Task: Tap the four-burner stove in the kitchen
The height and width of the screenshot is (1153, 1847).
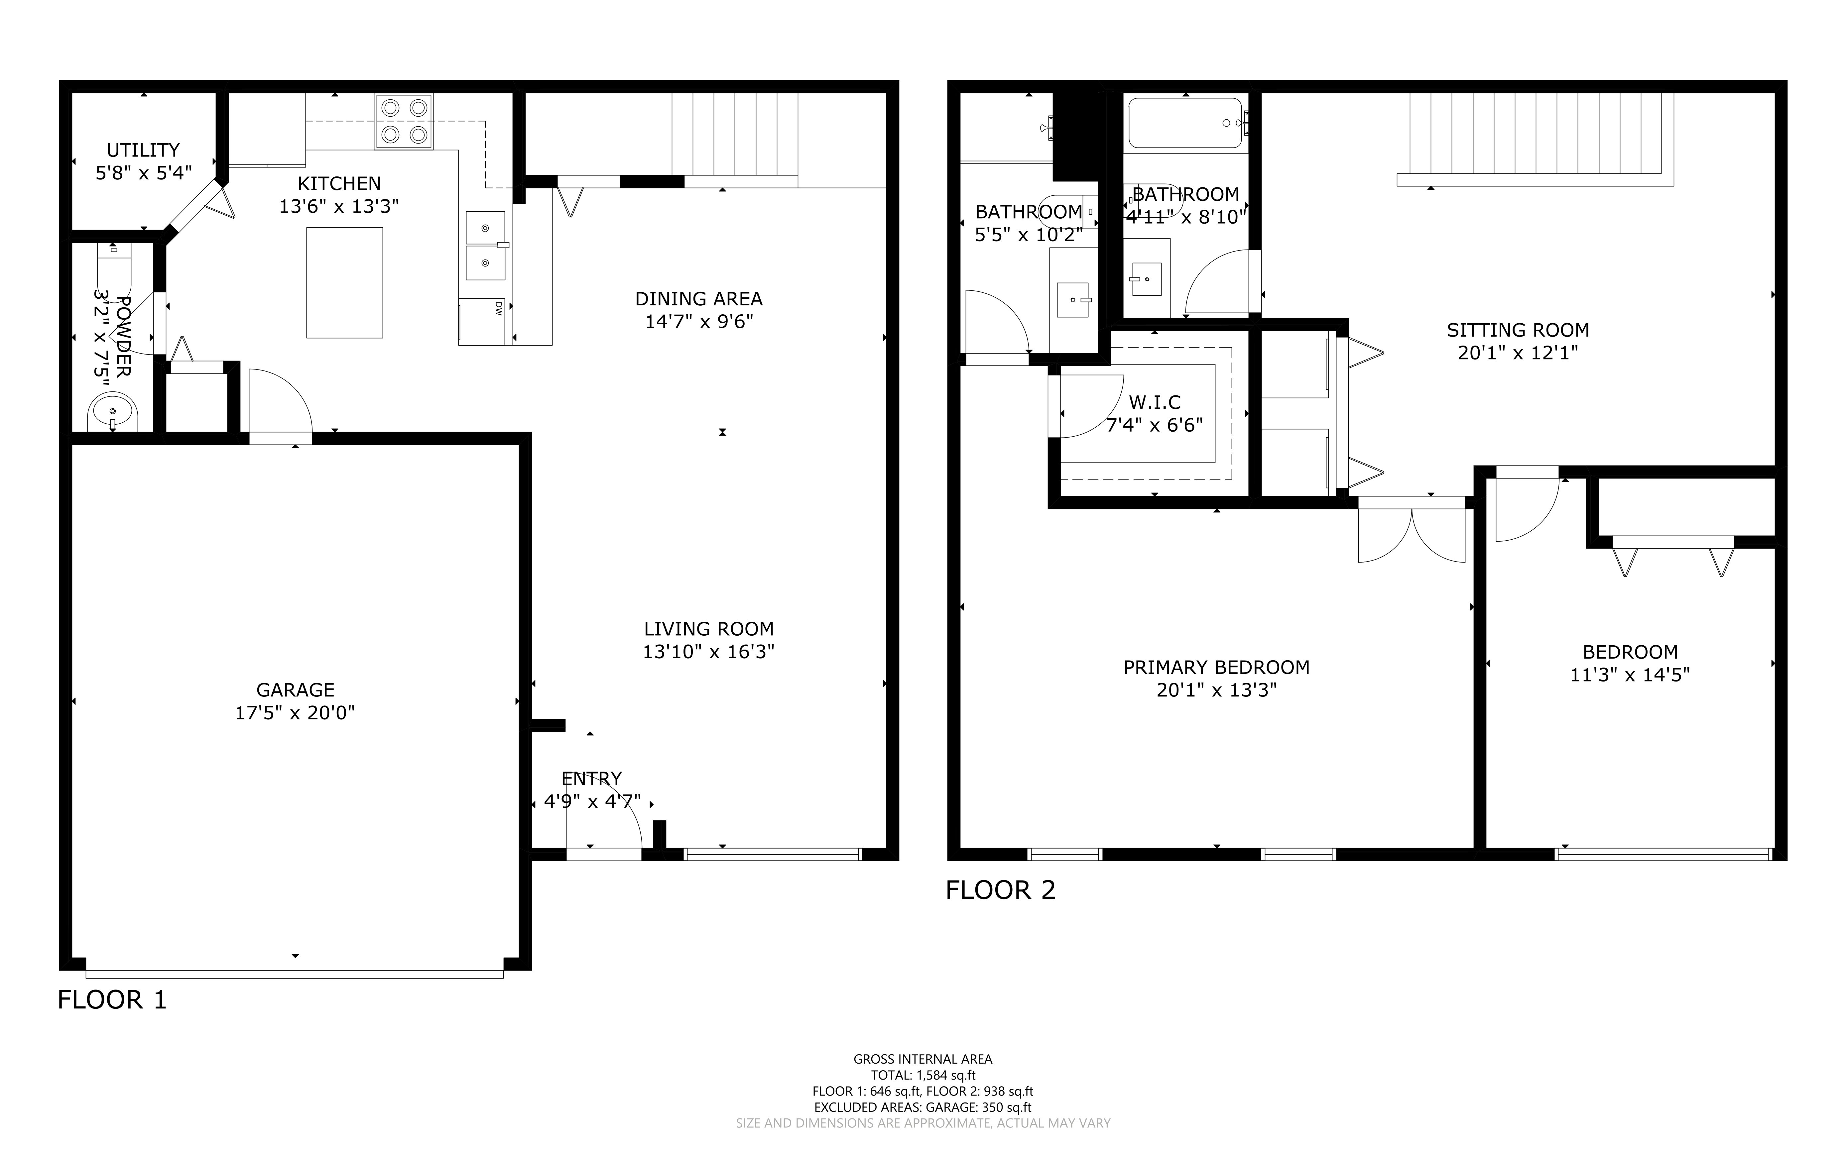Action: (404, 121)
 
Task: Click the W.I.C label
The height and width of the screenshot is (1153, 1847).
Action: (1155, 402)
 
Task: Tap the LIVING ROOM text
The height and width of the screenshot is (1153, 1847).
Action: (709, 629)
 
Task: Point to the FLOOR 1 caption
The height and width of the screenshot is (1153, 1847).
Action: (112, 1000)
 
